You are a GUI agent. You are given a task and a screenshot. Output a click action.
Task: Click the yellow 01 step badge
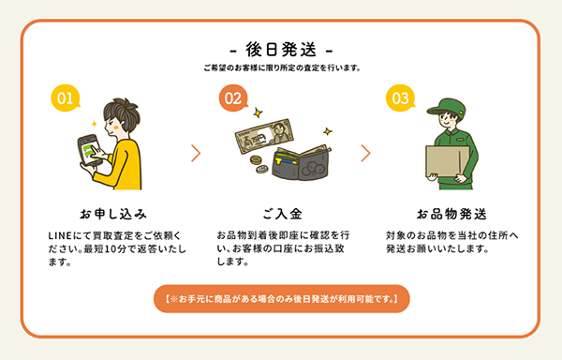[66, 97]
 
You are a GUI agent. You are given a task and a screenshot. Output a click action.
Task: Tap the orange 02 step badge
[233, 97]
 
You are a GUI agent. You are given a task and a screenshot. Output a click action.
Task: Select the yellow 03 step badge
[400, 97]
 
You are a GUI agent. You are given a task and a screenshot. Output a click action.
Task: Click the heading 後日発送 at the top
[281, 50]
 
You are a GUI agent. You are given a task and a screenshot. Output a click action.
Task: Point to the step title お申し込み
[113, 214]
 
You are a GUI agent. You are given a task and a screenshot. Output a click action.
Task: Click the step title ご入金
[282, 214]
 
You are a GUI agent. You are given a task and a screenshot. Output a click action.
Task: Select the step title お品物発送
[451, 214]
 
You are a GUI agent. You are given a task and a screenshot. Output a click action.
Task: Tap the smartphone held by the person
[90, 150]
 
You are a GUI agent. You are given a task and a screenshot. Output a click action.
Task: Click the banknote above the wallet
[264, 136]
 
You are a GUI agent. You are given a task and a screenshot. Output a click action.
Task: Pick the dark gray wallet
[301, 163]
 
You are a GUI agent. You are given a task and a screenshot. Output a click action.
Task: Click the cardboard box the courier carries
[448, 161]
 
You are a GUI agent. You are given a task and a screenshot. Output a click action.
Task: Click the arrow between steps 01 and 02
[196, 153]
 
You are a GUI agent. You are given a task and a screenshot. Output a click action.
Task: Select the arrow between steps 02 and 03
[365, 153]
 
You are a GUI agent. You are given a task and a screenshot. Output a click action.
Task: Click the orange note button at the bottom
[282, 299]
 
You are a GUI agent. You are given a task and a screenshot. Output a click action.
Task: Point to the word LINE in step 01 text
[60, 235]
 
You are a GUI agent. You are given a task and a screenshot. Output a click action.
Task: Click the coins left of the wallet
[259, 164]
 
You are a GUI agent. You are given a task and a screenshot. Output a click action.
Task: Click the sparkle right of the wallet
[327, 131]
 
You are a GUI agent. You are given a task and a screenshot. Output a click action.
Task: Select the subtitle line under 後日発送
[282, 67]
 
